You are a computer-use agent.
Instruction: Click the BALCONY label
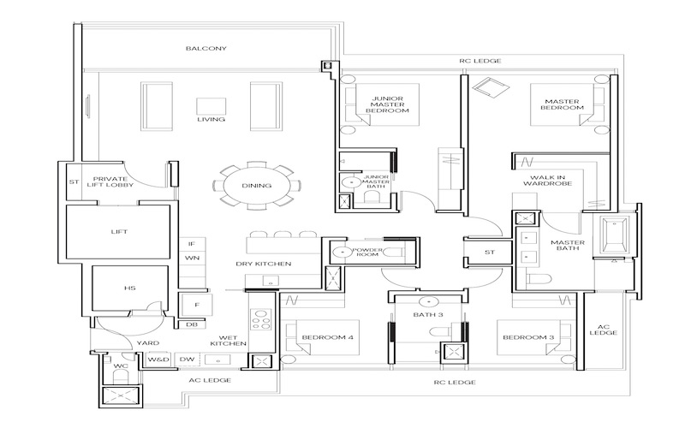coord(206,48)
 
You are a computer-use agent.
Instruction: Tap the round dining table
coord(257,186)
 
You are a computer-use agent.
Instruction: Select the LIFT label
coord(119,231)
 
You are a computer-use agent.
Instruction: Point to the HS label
coord(130,288)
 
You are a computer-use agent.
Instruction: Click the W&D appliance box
coord(158,360)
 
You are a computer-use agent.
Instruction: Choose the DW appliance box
coord(187,360)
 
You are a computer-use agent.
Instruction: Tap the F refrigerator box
coord(197,305)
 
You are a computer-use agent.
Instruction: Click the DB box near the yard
coord(192,324)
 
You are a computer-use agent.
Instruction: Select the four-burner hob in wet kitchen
coord(260,319)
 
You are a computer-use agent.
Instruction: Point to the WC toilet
coord(121,377)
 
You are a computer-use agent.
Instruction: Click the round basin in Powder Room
coord(340,252)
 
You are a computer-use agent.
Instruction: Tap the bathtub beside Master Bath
coord(614,235)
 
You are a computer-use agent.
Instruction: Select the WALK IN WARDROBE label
coord(547,181)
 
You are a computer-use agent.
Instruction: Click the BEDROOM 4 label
coord(328,337)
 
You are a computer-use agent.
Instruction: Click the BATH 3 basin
coord(429,301)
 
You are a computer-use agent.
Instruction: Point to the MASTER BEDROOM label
coord(563,104)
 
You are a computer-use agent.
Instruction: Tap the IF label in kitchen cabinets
coord(192,244)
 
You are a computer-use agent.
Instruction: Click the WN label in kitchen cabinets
coord(192,258)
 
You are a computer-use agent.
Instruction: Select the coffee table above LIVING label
coord(211,106)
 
